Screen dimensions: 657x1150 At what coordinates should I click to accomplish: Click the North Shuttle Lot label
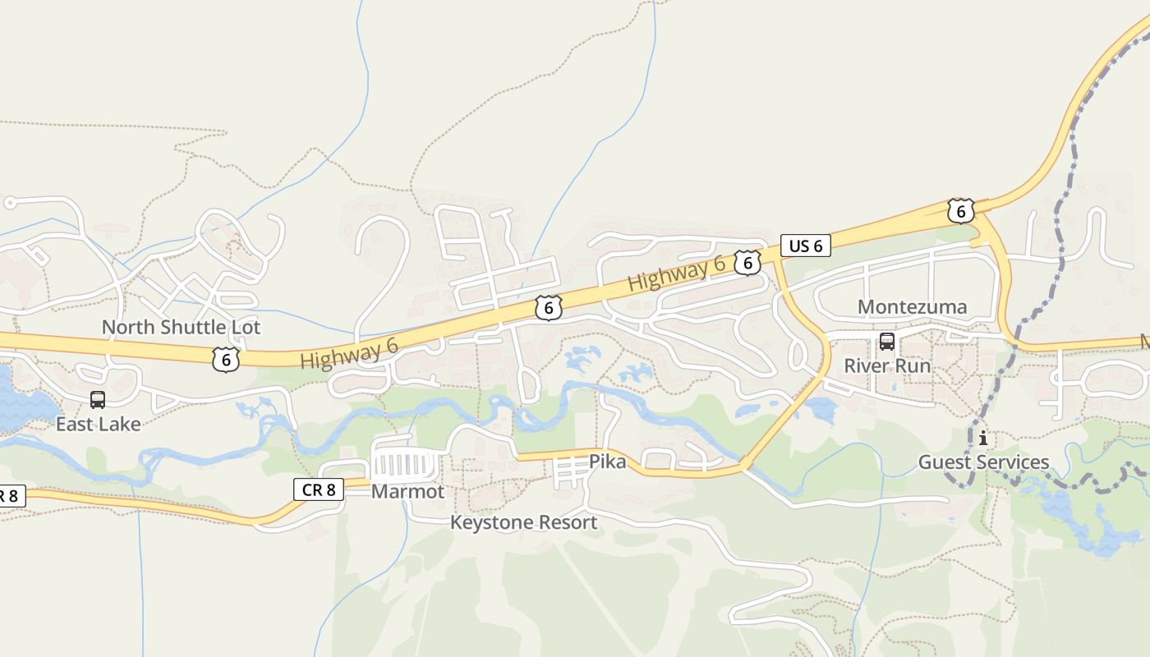181,327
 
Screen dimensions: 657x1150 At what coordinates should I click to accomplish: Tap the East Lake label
98,424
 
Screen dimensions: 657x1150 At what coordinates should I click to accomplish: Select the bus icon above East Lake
98,400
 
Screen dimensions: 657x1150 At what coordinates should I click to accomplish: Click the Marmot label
407,491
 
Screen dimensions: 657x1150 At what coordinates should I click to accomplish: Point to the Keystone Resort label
523,522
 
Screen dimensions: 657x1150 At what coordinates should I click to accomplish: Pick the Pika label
607,462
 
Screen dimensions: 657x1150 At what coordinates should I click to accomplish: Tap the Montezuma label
912,307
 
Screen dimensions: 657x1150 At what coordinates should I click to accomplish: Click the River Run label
887,365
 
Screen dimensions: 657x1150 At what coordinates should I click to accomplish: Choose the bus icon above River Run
887,342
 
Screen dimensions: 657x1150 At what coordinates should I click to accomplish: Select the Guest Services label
983,462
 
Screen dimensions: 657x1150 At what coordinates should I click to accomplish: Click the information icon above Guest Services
983,439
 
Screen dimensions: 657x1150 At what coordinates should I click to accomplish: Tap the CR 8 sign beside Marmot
319,489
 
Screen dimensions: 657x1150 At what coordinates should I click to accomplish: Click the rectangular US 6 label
805,246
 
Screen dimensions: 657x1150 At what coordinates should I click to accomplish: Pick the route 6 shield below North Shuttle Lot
226,360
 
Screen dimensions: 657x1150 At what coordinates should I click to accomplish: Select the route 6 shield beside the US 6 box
747,263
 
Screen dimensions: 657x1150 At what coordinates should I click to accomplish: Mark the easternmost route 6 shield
960,211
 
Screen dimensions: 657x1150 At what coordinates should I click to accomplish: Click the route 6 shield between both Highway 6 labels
548,308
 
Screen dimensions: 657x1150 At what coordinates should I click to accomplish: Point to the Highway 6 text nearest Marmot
349,354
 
